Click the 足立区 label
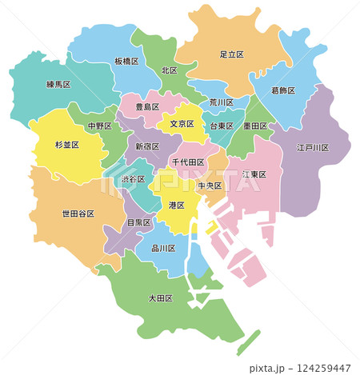[x=233, y=55]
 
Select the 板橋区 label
[x=126, y=62]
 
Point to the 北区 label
[x=168, y=70]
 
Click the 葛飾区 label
[x=283, y=91]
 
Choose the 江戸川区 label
[x=310, y=148]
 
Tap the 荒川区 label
[x=222, y=102]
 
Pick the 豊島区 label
[x=146, y=106]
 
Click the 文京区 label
[x=182, y=124]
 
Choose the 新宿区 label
[x=146, y=147]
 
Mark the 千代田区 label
[x=189, y=162]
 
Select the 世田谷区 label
[x=78, y=213]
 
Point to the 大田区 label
[x=162, y=299]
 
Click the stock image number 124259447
[x=324, y=369]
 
